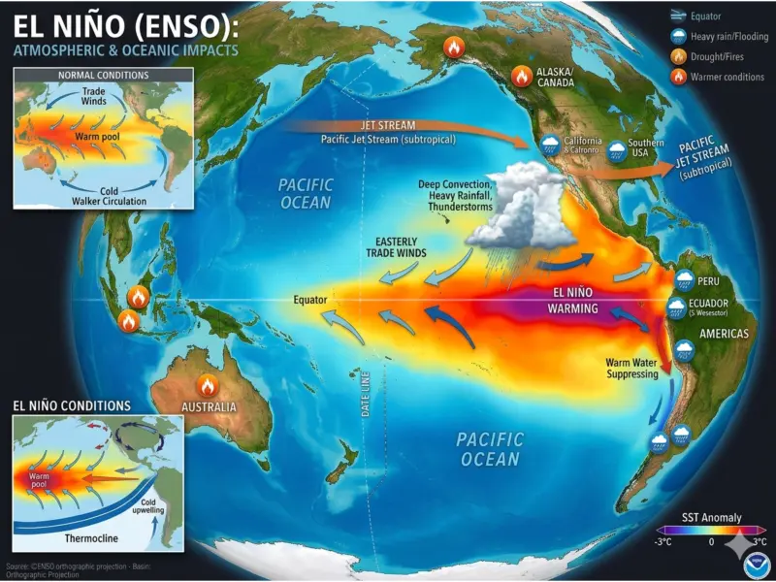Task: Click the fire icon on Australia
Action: click(206, 385)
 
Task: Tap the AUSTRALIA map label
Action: click(209, 406)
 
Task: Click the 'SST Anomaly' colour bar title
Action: click(712, 518)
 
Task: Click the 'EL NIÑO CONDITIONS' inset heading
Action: click(71, 405)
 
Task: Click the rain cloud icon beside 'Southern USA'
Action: click(617, 146)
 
